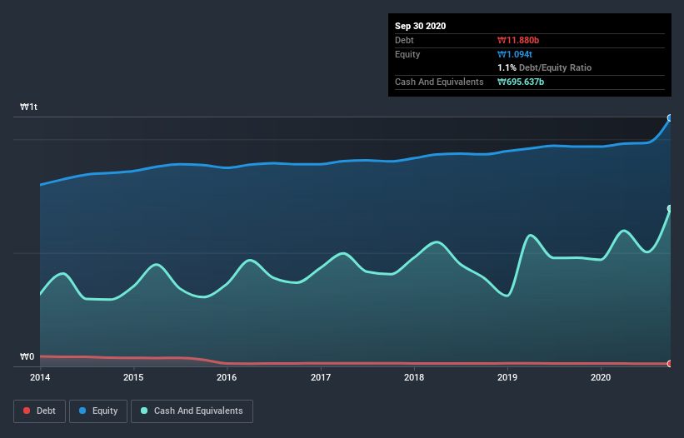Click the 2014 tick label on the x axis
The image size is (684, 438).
pyautogui.click(x=40, y=377)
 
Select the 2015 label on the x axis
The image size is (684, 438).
pyautogui.click(x=133, y=377)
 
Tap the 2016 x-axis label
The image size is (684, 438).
pyautogui.click(x=226, y=377)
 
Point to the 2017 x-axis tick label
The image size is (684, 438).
pyautogui.click(x=320, y=377)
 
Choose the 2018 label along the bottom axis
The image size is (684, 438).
pyautogui.click(x=413, y=377)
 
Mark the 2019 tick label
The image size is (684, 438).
pyautogui.click(x=507, y=377)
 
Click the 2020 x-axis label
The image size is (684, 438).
pyautogui.click(x=600, y=377)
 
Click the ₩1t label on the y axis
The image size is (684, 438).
pyautogui.click(x=29, y=107)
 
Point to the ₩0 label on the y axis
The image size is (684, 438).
pyautogui.click(x=27, y=357)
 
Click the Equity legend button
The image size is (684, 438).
pyautogui.click(x=98, y=411)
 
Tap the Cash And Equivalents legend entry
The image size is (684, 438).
pyautogui.click(x=192, y=411)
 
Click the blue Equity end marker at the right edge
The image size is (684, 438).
pyautogui.click(x=669, y=118)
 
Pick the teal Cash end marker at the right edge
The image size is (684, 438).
pyautogui.click(x=669, y=209)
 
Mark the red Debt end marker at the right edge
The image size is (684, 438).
pyautogui.click(x=669, y=364)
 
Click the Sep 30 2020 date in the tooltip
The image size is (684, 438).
pyautogui.click(x=421, y=26)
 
